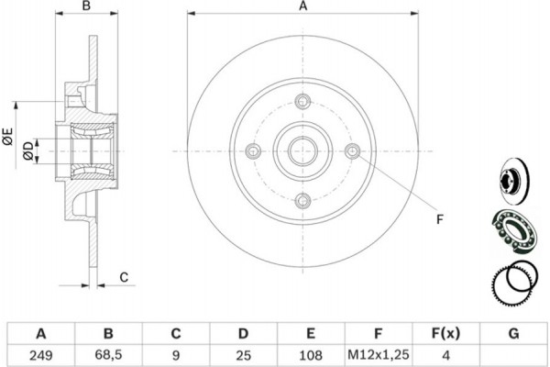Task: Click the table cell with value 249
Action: (41, 355)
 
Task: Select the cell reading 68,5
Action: (108, 355)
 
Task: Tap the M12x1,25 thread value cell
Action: (378, 355)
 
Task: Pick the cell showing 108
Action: (311, 355)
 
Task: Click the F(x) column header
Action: (445, 333)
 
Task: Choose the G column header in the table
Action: (513, 333)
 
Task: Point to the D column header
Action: (244, 333)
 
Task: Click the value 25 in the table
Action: (244, 355)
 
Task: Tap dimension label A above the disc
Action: (303, 6)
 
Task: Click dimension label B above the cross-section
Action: (86, 6)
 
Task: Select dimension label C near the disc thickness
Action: (124, 277)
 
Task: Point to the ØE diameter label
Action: (7, 137)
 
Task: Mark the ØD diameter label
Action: (28, 150)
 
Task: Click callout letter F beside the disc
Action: (440, 219)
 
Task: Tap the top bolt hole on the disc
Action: (302, 102)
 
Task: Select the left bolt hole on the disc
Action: (253, 151)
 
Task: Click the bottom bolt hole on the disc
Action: (302, 201)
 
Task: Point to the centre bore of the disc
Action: (302, 151)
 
